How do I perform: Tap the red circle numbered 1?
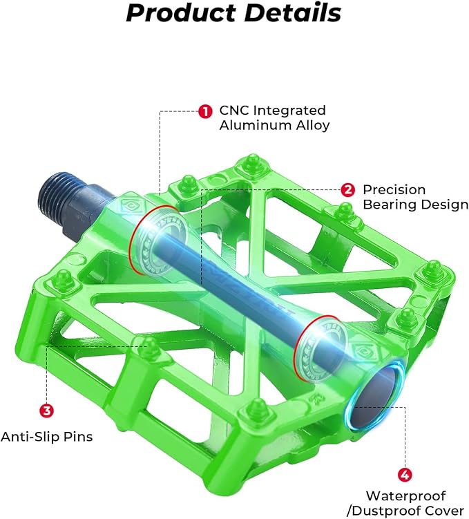click(205, 111)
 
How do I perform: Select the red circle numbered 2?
click(348, 189)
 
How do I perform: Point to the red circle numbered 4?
click(406, 475)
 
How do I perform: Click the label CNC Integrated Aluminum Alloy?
click(274, 118)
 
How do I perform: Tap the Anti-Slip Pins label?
click(46, 437)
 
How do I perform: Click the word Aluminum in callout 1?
click(251, 126)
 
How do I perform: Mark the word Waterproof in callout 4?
click(405, 496)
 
